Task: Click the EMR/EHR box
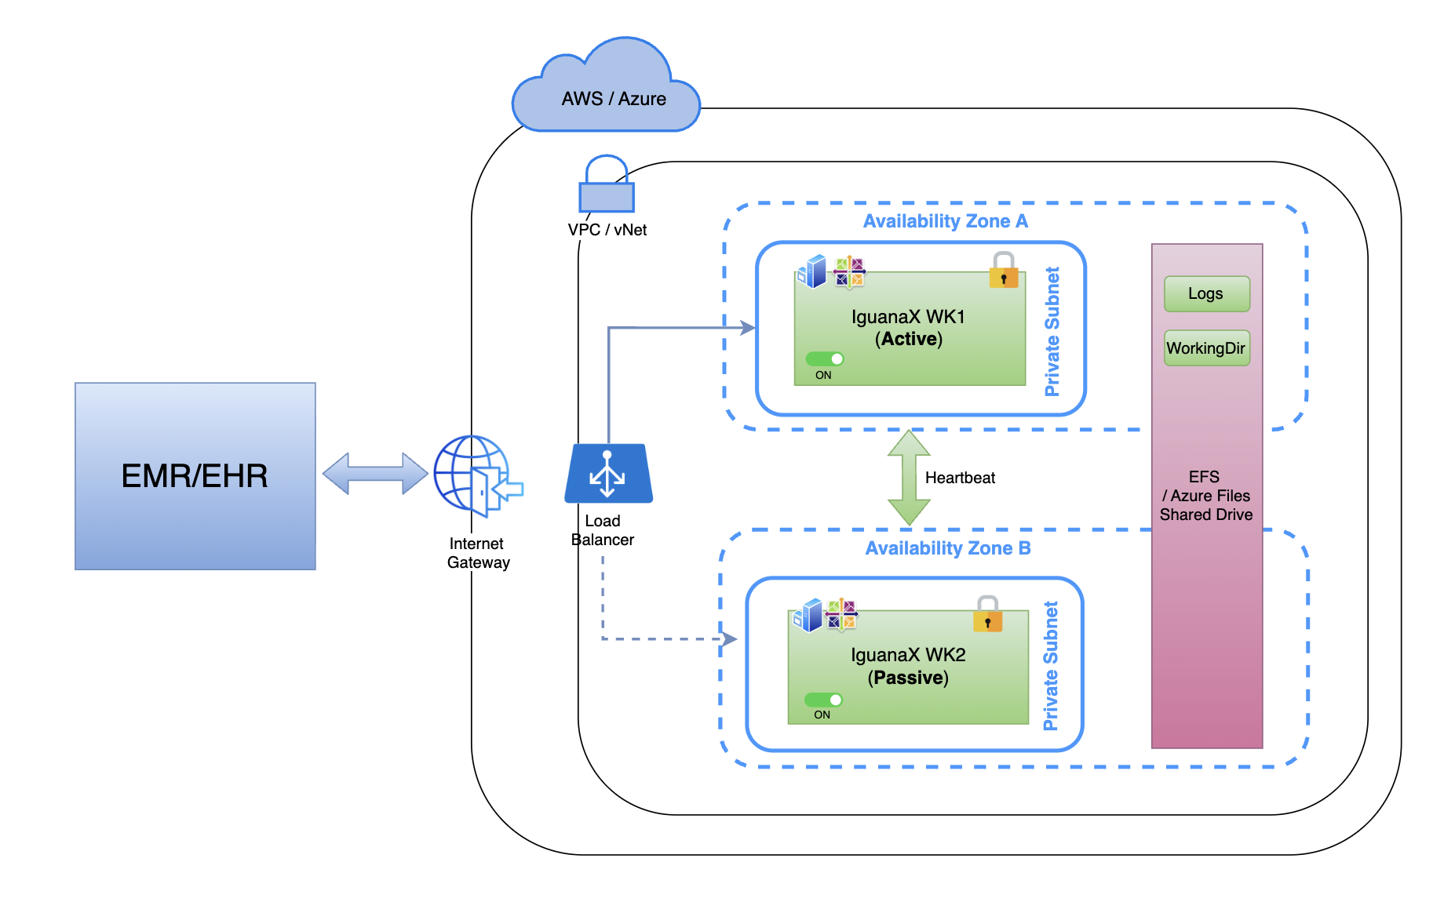(195, 475)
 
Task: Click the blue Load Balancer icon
(608, 474)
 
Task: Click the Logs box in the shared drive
(1206, 294)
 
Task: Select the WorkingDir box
(1206, 348)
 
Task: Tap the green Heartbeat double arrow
(909, 477)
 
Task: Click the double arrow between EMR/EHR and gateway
(375, 474)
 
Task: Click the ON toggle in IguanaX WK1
(825, 359)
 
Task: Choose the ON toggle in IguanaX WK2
(823, 700)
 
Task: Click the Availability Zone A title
(945, 221)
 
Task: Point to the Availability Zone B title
(947, 548)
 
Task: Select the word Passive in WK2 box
(908, 678)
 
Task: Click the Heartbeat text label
(960, 478)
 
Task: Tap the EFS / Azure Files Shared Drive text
(1206, 496)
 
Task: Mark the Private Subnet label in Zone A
(1052, 331)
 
